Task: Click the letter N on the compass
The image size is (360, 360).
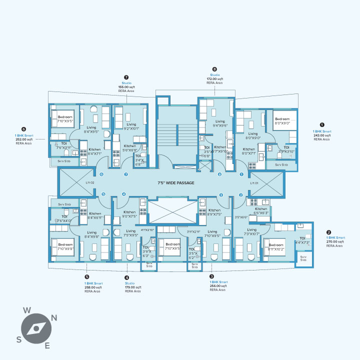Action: tap(54, 317)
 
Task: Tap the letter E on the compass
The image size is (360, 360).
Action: tap(47, 345)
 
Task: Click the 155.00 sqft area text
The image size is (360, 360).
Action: tap(126, 87)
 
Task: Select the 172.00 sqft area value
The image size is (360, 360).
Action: tap(215, 79)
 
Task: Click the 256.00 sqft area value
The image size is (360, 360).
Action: tap(217, 286)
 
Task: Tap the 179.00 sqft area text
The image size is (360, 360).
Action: tap(133, 287)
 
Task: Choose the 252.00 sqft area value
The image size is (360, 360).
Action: tap(24, 139)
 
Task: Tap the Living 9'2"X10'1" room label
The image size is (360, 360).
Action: tap(131, 126)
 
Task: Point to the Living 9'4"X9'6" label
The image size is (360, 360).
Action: tap(220, 123)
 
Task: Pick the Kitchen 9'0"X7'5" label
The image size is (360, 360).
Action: tap(129, 214)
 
